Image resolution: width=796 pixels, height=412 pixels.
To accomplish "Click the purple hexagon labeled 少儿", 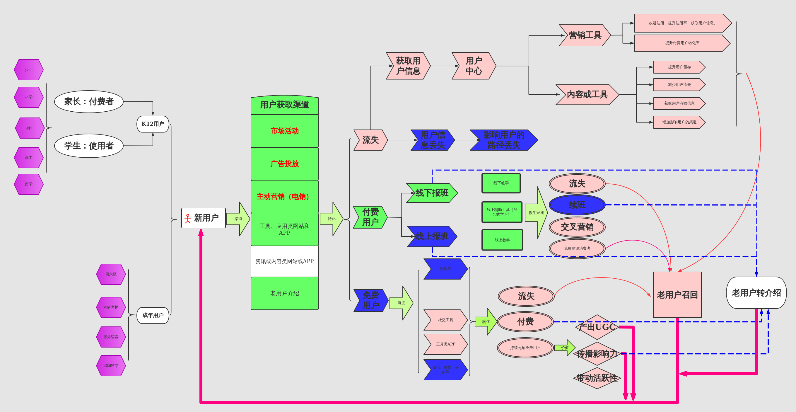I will coord(28,69).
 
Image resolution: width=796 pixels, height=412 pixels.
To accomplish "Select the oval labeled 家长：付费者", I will coord(89,101).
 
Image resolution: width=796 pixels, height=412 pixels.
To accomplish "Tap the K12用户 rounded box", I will coord(153,124).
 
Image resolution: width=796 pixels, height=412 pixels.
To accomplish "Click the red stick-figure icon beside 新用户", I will coord(187,219).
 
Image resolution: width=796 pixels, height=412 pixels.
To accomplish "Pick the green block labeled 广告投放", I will coord(284,164).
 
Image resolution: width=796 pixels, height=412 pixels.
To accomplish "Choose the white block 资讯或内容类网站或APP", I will coord(284,261).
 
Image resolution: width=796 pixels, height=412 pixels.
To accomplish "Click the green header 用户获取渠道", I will coord(284,105).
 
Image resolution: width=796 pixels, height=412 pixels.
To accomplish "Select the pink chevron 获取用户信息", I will coord(408,66).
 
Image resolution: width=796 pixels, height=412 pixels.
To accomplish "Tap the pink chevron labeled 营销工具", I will coord(585,35).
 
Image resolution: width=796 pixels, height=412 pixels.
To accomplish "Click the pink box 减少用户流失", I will coord(679,85).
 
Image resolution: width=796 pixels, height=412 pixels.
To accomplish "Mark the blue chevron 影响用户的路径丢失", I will coord(503,140).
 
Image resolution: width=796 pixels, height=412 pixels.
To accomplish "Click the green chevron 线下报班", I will coord(432,193).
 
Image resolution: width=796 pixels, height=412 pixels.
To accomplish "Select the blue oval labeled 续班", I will coord(577,205).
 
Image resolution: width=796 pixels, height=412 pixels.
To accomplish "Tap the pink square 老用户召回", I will coord(677,294).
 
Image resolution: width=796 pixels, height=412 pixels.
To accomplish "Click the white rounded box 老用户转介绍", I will coord(756,293).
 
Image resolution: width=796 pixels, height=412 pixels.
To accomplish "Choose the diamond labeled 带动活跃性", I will coord(597,378).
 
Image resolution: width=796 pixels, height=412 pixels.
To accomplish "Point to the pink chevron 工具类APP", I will coord(445,344).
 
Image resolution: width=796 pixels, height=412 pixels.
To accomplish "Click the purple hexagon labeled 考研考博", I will coord(111,307).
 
